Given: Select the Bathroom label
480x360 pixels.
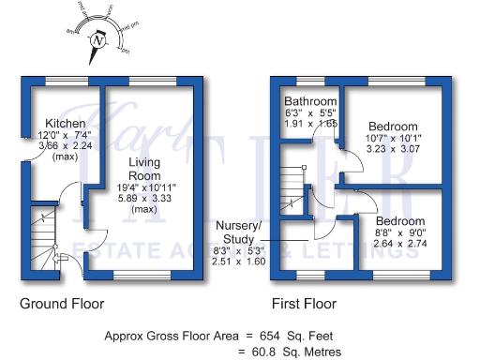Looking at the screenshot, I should [x=310, y=101].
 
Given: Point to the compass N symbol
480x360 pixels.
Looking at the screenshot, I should [x=97, y=40].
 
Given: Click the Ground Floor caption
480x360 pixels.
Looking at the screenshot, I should [x=62, y=304].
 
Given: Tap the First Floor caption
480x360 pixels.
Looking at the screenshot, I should [x=304, y=304].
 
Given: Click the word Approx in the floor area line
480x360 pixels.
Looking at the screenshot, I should [x=123, y=335].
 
